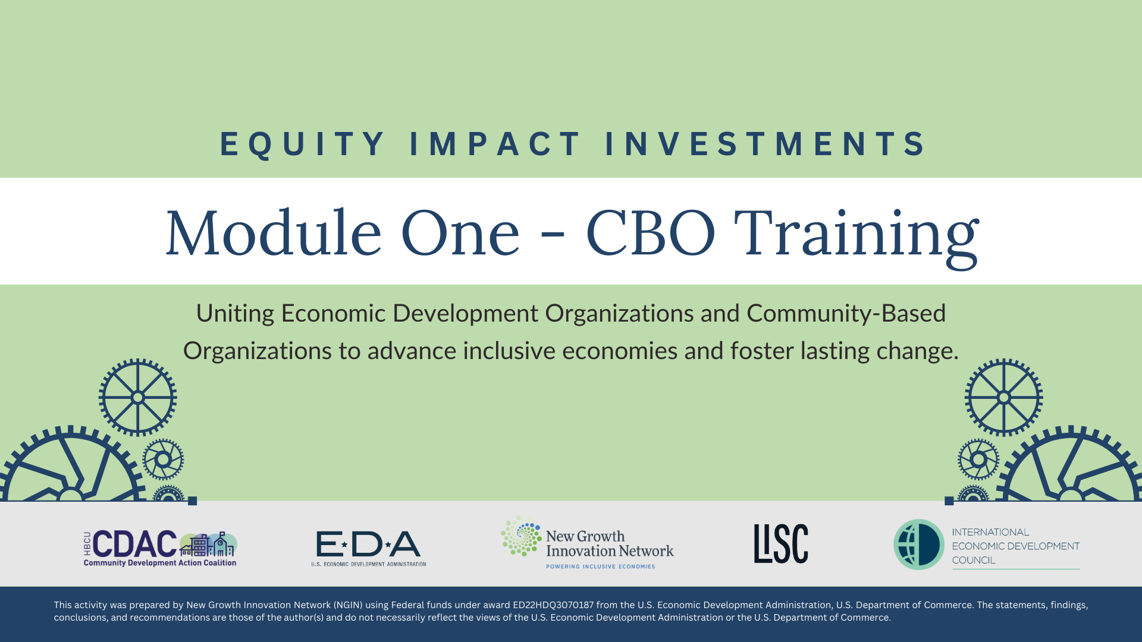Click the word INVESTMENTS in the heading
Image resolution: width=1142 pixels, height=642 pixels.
pyautogui.click(x=765, y=144)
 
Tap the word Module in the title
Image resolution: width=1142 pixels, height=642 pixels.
pyautogui.click(x=273, y=233)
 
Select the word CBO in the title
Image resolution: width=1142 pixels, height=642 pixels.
pyautogui.click(x=651, y=233)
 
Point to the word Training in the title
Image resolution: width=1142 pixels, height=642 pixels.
pyautogui.click(x=856, y=235)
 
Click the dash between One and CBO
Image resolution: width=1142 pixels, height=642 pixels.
pyautogui.click(x=553, y=238)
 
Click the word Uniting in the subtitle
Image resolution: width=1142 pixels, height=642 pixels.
pyautogui.click(x=235, y=313)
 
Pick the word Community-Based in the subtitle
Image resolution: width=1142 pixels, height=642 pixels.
pyautogui.click(x=846, y=313)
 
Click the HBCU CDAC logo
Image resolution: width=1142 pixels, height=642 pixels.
pyautogui.click(x=160, y=547)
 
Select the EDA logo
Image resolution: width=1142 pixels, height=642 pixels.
pyautogui.click(x=368, y=547)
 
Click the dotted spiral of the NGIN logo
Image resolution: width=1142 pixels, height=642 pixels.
pyautogui.click(x=521, y=536)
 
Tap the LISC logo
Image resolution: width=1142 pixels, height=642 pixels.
pyautogui.click(x=781, y=543)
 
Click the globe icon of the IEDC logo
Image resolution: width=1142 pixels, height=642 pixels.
pyautogui.click(x=918, y=545)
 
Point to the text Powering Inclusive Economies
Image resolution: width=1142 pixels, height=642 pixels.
pyautogui.click(x=600, y=567)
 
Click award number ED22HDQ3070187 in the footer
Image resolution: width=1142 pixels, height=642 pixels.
pyautogui.click(x=553, y=605)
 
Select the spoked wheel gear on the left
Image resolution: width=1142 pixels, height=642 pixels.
pyautogui.click(x=137, y=397)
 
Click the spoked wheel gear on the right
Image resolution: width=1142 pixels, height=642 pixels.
pyautogui.click(x=1003, y=397)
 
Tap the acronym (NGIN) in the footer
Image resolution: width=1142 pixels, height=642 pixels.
pyautogui.click(x=348, y=605)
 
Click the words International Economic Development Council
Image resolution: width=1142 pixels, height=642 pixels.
pyautogui.click(x=1015, y=546)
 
